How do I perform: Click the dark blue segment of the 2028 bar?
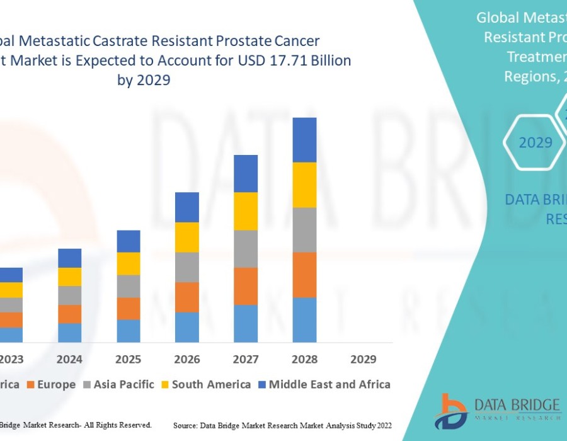click(x=304, y=140)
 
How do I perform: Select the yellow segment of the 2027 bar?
click(x=246, y=211)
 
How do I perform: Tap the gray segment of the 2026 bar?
click(x=187, y=267)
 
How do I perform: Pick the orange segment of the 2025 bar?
click(x=129, y=309)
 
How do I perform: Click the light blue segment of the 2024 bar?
click(x=69, y=333)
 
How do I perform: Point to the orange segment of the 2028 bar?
click(x=304, y=275)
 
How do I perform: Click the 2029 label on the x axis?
click(x=364, y=360)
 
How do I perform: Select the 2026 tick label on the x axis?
click(x=187, y=360)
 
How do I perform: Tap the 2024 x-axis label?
click(x=69, y=360)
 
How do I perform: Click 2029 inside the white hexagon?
click(x=535, y=142)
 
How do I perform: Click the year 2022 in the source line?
click(x=382, y=426)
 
